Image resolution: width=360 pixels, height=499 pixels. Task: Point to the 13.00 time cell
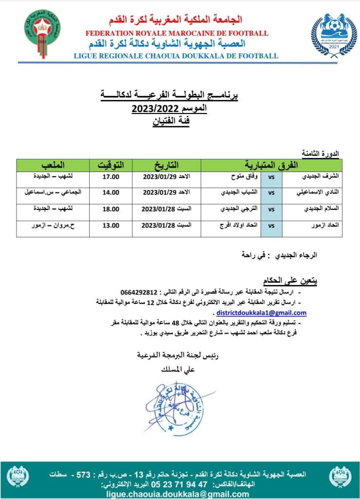pyautogui.click(x=111, y=226)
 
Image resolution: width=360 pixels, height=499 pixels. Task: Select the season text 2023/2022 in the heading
pyautogui.click(x=149, y=108)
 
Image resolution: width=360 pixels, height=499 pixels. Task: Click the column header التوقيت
pyautogui.click(x=111, y=163)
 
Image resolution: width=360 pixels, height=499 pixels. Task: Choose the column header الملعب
pyautogui.click(x=53, y=163)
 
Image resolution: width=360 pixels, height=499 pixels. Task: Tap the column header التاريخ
pyautogui.click(x=167, y=163)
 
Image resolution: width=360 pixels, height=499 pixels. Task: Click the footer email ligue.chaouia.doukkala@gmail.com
pyautogui.click(x=180, y=493)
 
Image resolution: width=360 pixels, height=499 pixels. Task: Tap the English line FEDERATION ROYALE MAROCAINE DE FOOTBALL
pyautogui.click(x=176, y=34)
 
